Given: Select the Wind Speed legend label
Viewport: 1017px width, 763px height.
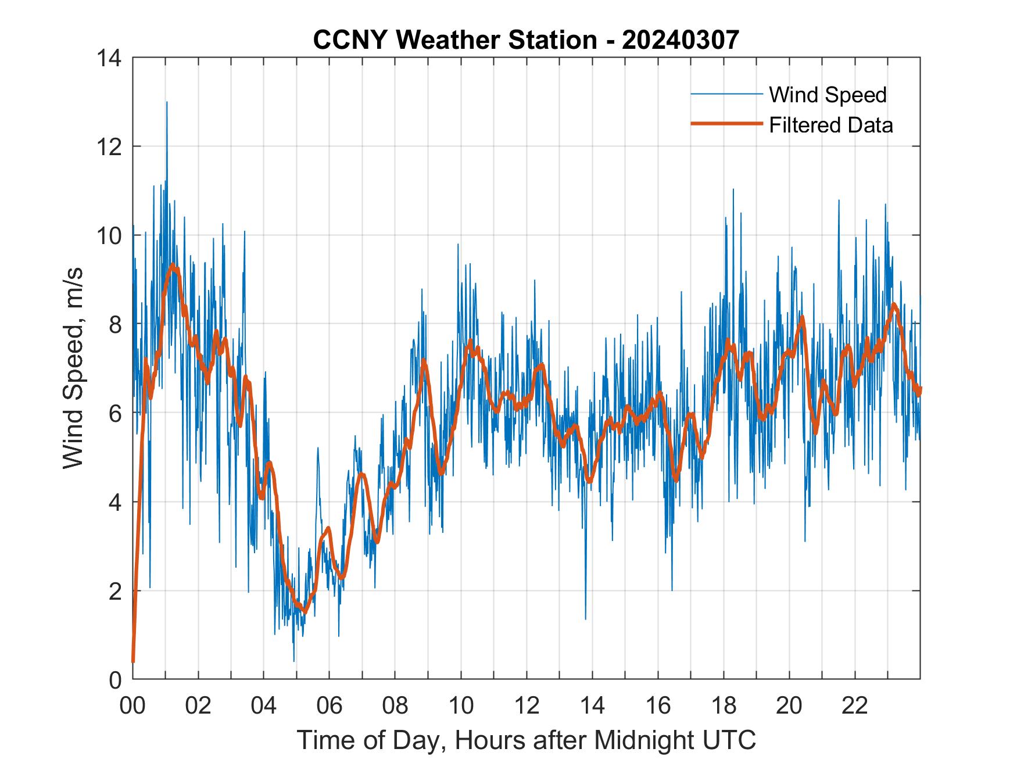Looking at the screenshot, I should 828,95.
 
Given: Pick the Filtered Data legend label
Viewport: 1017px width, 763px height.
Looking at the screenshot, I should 830,125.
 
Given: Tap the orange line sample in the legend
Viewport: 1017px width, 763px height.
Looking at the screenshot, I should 726,124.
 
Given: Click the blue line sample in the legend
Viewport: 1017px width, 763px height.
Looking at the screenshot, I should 726,94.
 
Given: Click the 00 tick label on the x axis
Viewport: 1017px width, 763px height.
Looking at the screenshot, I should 133,705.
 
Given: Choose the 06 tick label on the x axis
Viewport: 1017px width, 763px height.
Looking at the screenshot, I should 330,705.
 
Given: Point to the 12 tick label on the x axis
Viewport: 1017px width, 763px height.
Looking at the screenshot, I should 527,705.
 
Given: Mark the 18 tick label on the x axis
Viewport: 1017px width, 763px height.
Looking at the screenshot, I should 724,705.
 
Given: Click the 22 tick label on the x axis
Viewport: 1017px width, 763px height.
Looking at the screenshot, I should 855,705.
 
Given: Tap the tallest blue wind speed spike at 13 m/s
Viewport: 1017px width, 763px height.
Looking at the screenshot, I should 167,103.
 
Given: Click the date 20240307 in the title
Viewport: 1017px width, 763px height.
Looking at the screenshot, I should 680,40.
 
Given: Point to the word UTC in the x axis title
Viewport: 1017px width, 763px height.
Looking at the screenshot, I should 730,740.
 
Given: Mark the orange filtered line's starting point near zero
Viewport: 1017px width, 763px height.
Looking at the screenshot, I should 133,661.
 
